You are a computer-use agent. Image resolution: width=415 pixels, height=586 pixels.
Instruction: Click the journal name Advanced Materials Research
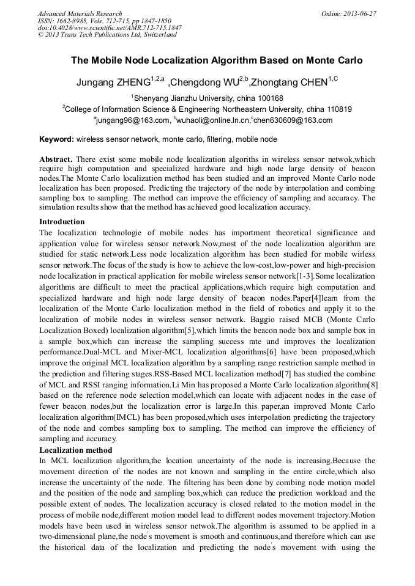tap(80, 13)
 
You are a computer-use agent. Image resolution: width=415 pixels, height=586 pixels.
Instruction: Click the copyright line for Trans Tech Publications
tap(107, 35)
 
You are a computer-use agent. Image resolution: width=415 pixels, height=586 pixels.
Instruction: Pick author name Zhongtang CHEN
tap(293, 82)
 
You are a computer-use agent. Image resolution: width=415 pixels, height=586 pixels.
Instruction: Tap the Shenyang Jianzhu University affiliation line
tap(207, 98)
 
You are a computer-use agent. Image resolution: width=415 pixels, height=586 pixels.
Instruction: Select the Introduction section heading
tap(62, 222)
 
